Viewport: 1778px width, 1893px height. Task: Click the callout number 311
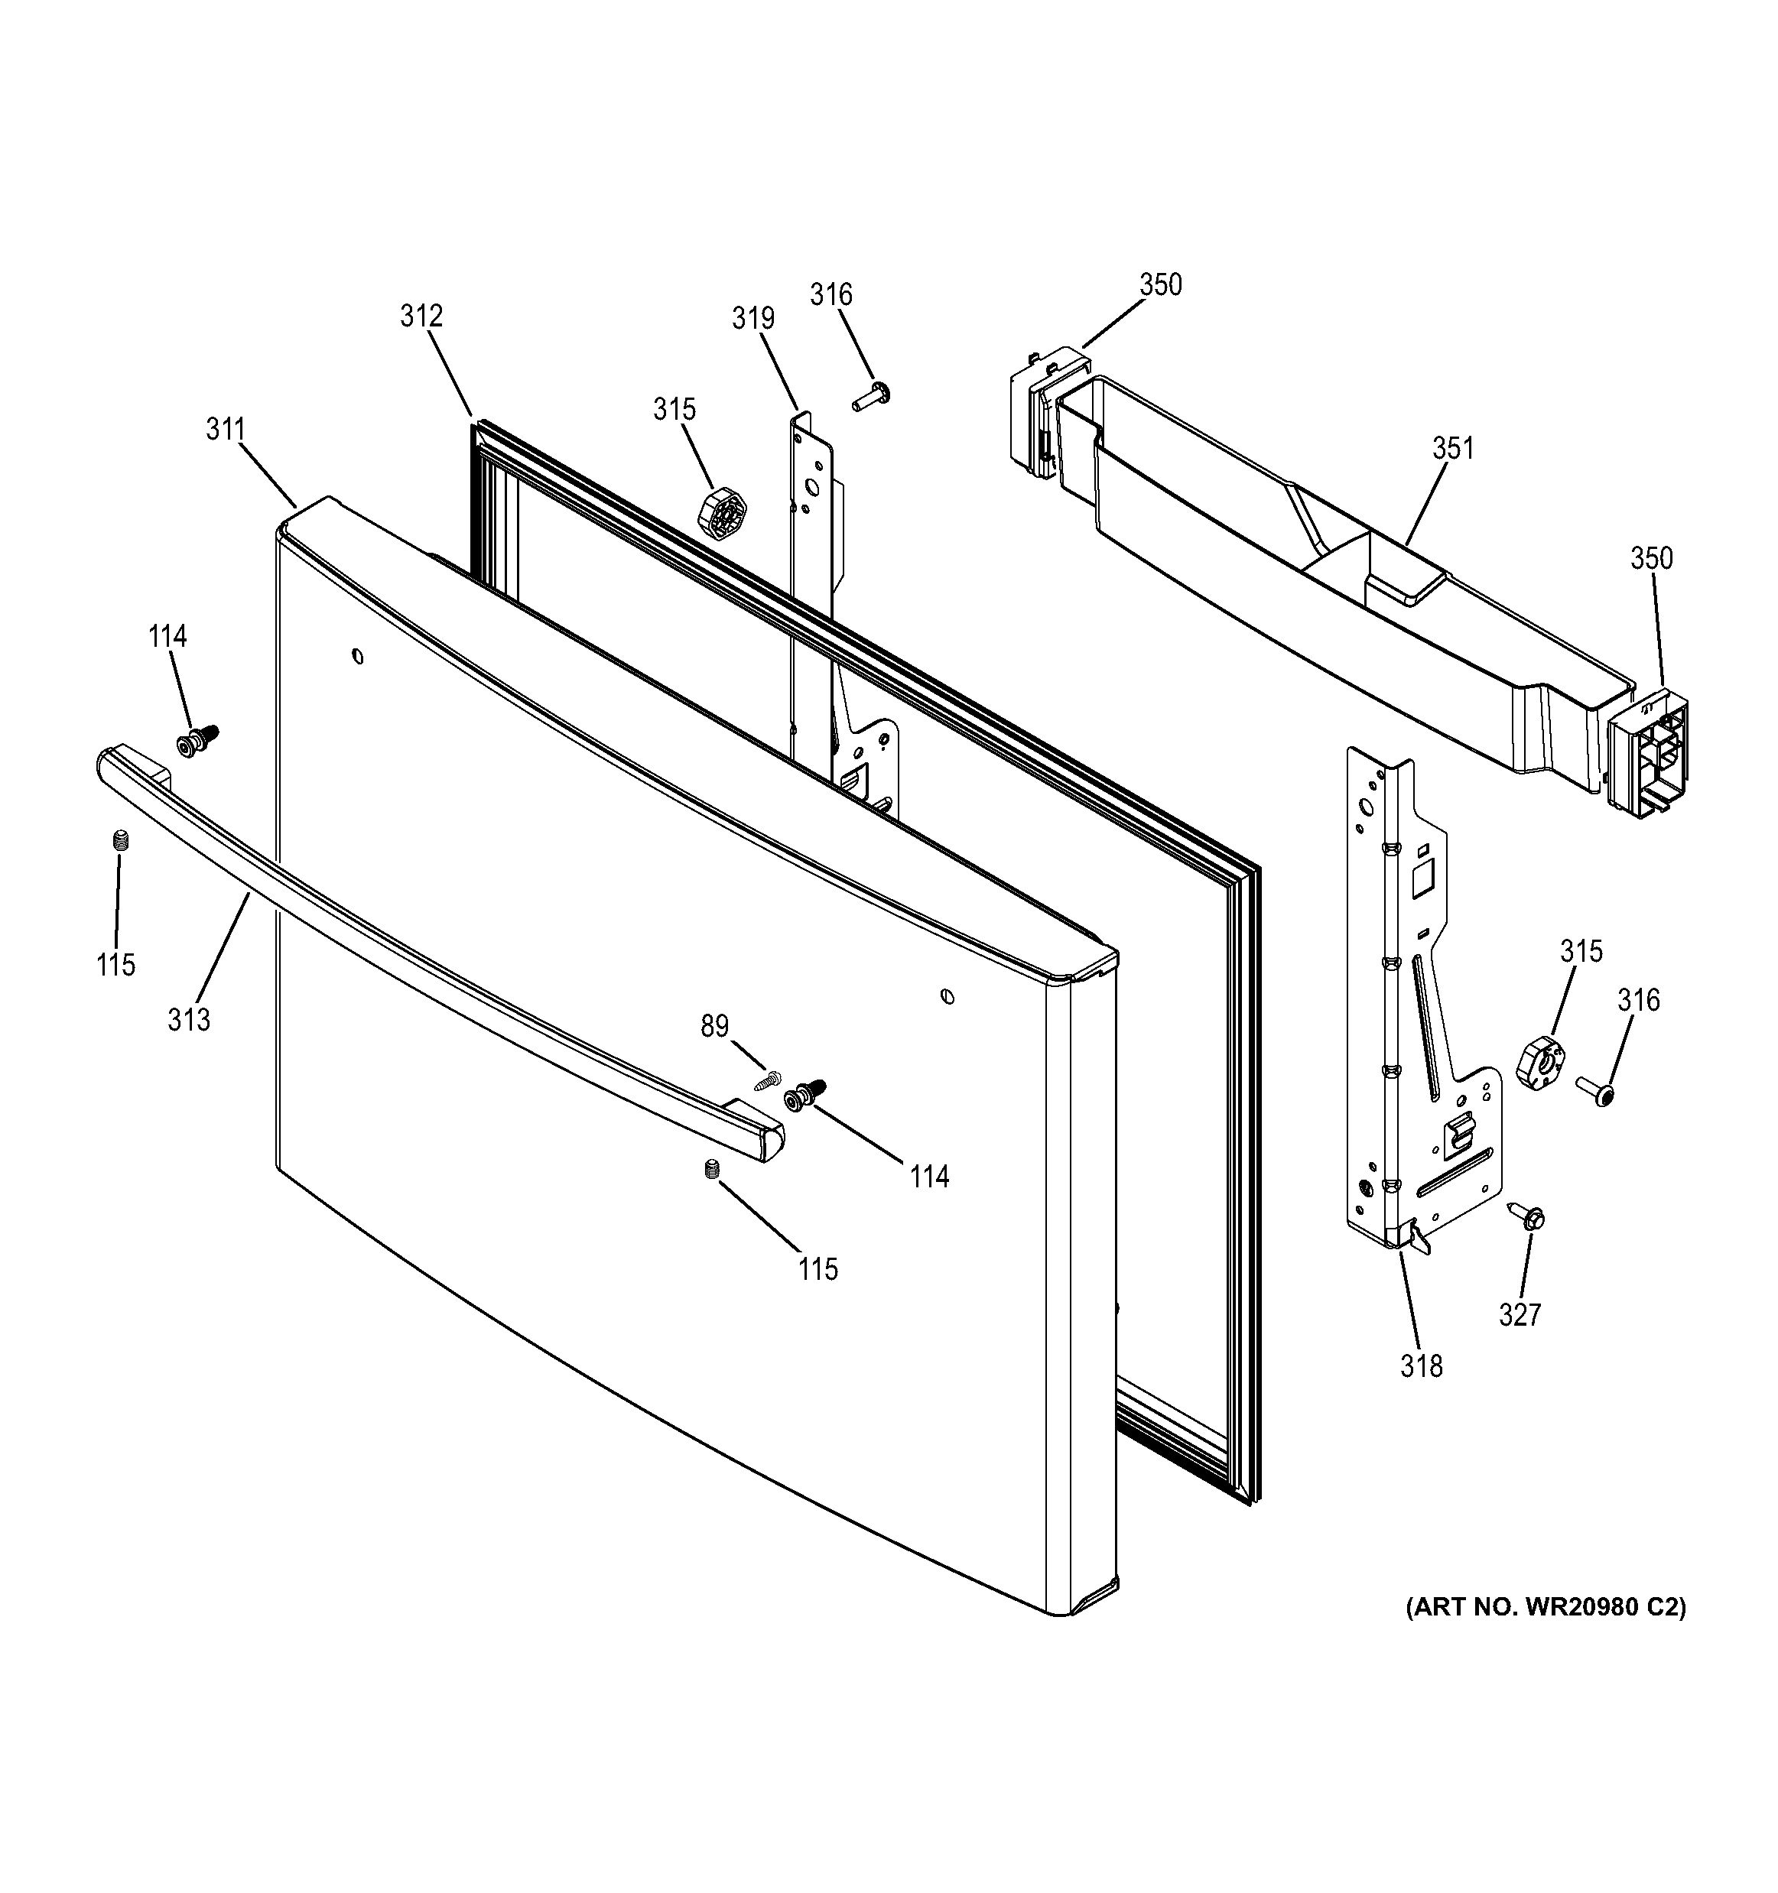click(226, 430)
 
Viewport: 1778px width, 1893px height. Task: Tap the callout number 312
click(421, 316)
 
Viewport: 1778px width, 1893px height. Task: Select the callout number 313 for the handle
click(189, 1020)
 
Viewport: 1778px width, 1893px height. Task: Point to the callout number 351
click(1452, 447)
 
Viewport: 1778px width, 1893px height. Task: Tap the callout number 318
click(1421, 1367)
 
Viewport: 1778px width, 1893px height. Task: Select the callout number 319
click(752, 318)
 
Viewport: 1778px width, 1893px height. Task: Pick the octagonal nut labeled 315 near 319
click(723, 515)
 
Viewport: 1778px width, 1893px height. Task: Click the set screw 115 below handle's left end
click(120, 840)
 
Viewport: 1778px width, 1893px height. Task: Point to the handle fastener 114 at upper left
click(197, 740)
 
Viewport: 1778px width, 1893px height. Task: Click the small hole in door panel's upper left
click(357, 655)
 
